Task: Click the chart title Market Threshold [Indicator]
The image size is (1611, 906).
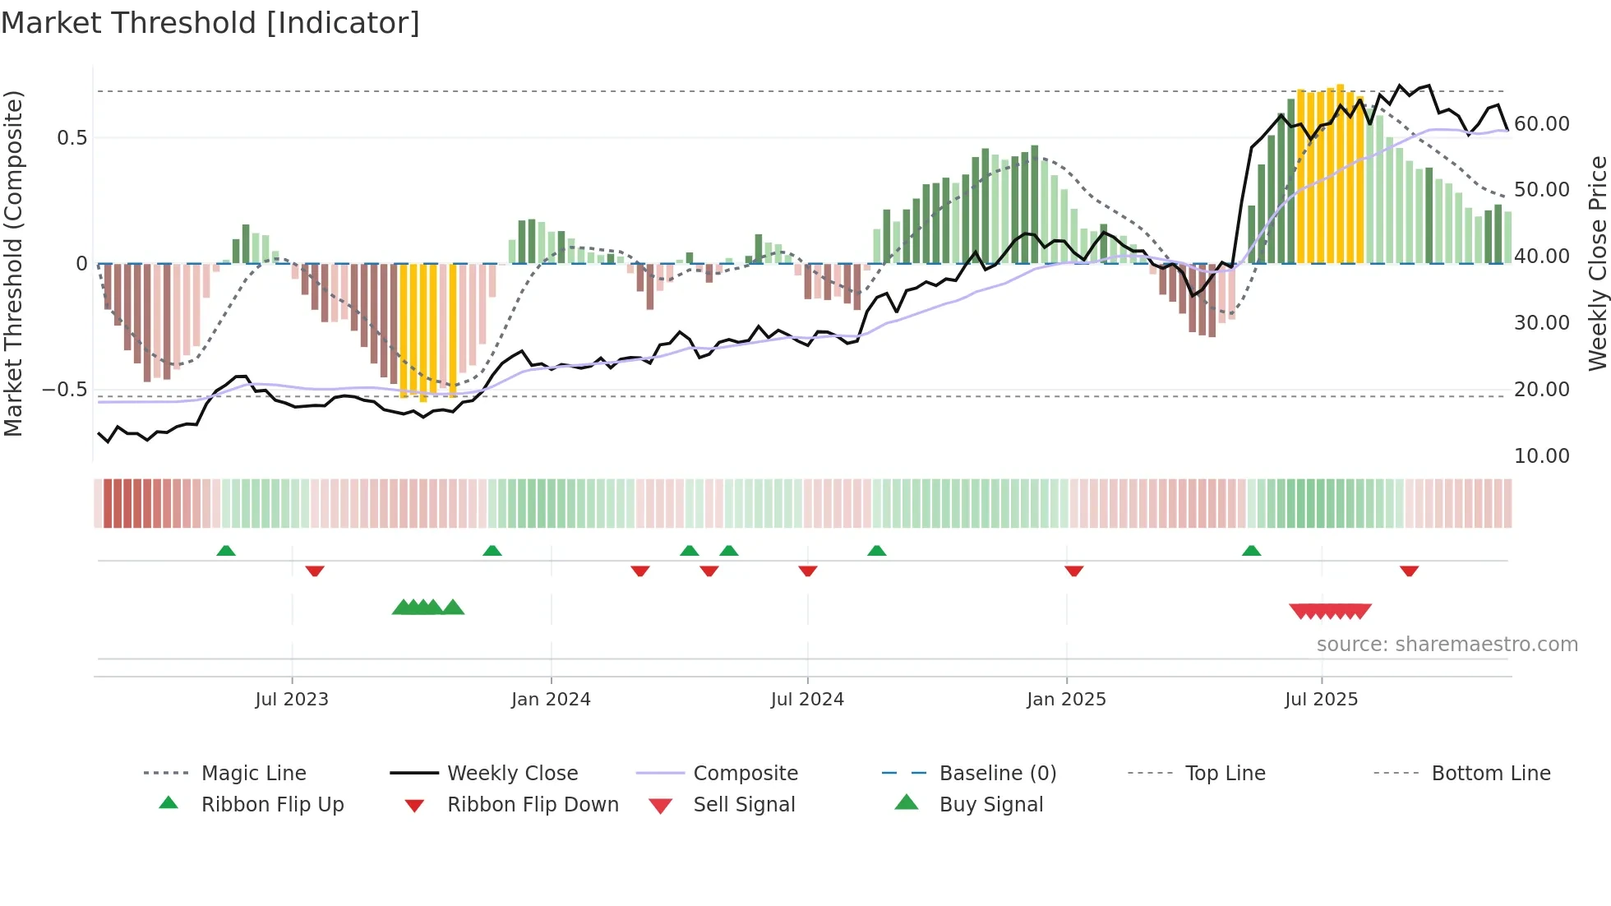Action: tap(210, 23)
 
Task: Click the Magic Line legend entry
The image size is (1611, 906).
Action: tap(253, 774)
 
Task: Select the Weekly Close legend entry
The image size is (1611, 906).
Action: tap(512, 774)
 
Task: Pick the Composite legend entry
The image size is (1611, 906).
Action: tap(745, 774)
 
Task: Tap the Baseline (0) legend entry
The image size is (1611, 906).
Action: tap(997, 774)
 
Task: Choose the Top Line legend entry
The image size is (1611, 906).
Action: tap(1225, 774)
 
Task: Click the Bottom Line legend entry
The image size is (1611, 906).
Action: tap(1490, 774)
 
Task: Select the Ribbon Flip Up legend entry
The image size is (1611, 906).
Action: tap(272, 805)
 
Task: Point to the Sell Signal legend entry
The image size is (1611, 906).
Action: tap(744, 805)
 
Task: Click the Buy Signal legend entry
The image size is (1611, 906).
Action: tap(990, 805)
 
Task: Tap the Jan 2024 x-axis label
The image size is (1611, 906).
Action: tap(551, 700)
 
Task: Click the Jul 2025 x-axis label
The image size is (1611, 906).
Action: tap(1321, 700)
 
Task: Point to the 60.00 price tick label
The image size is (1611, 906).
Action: tap(1541, 124)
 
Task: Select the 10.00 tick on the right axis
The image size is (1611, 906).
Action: tap(1541, 456)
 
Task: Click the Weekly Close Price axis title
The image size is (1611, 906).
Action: tap(1597, 263)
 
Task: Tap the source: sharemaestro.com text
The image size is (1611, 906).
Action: tap(1447, 645)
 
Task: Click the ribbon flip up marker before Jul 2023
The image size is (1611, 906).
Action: tap(226, 551)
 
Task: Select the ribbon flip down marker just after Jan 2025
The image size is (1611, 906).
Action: tap(1073, 571)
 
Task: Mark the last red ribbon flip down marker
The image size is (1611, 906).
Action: tap(1409, 571)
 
